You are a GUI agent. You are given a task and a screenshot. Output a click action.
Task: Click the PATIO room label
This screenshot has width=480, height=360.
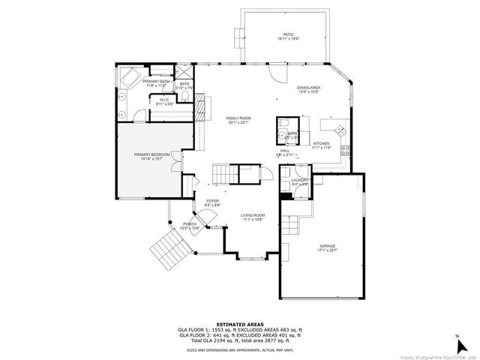288,34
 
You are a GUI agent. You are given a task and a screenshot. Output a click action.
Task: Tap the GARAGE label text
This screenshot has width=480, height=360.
327,245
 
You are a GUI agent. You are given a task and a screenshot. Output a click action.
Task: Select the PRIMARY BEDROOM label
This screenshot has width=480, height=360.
152,154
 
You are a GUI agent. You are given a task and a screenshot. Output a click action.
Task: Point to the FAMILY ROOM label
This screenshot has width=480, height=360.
238,118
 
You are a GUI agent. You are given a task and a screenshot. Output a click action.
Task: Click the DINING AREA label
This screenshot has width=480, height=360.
308,88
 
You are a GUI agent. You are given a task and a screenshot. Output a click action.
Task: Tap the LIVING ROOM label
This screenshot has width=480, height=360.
253,215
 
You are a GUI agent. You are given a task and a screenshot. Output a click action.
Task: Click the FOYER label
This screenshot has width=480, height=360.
212,200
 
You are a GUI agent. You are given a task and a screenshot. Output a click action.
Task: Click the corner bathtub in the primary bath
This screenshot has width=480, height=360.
128,78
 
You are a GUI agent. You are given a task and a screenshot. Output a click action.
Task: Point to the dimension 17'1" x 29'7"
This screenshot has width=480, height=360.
327,250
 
